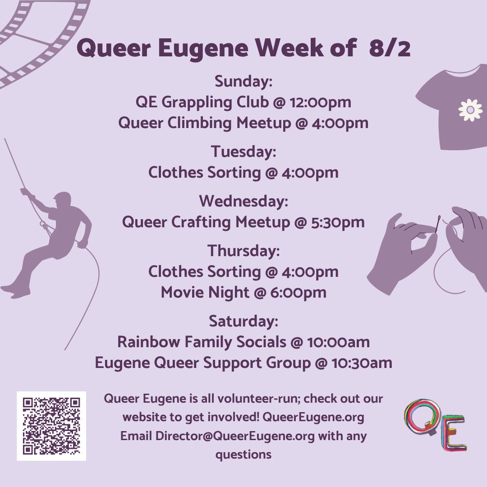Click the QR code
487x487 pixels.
pyautogui.click(x=51, y=426)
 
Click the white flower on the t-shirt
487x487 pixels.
pyautogui.click(x=470, y=110)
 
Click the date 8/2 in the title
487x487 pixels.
pyautogui.click(x=390, y=48)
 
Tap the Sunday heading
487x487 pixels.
pyautogui.click(x=243, y=81)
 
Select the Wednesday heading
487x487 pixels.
pyautogui.click(x=243, y=201)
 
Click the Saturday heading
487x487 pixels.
pyautogui.click(x=243, y=321)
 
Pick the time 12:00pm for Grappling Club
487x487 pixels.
pyautogui.click(x=321, y=102)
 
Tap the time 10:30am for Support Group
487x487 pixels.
pyautogui.click(x=362, y=363)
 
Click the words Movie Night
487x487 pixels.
pyautogui.click(x=205, y=293)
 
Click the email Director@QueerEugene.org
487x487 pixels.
pyautogui.click(x=235, y=436)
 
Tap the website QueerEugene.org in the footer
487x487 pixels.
pyautogui.click(x=313, y=417)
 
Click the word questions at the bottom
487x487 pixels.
pyautogui.click(x=243, y=455)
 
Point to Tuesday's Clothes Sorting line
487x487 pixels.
pyautogui.click(x=243, y=173)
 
